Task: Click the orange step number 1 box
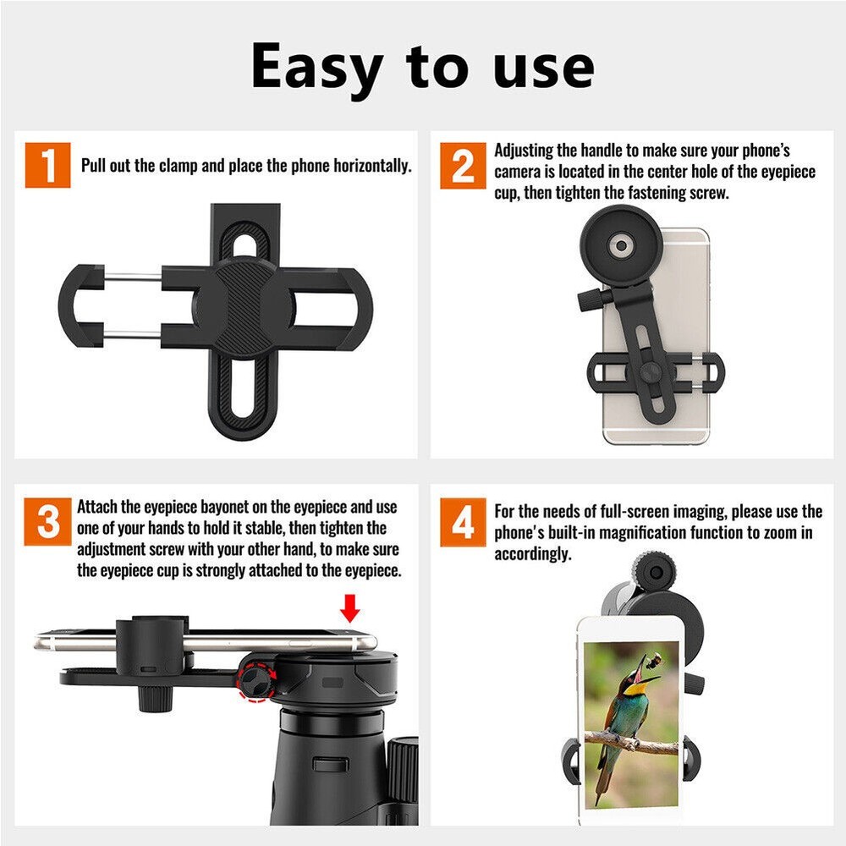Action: click(x=47, y=166)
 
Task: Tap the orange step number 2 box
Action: click(x=463, y=166)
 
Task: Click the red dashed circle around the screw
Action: click(x=255, y=682)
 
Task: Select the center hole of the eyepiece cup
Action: click(x=622, y=246)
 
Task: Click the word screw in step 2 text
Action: click(x=709, y=193)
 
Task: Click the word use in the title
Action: click(x=542, y=68)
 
